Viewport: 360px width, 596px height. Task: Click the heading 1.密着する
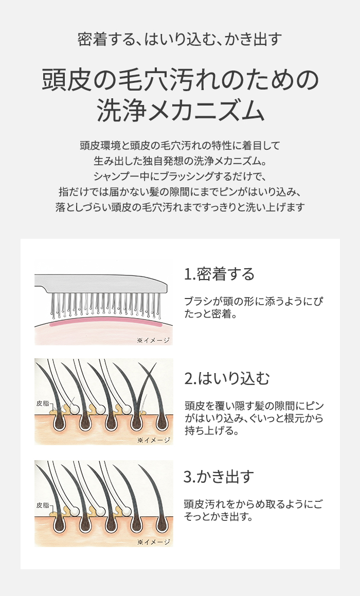[x=219, y=274]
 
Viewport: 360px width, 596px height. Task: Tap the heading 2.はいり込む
[x=227, y=378]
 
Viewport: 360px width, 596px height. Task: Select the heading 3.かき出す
[x=219, y=476]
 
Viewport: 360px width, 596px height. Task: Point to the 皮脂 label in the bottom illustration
[x=43, y=505]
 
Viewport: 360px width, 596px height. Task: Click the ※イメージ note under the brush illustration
[x=153, y=340]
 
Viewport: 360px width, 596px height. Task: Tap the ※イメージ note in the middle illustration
[x=153, y=440]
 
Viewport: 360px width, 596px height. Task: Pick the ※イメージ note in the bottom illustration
[x=153, y=542]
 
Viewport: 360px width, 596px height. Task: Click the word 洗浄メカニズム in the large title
[x=180, y=111]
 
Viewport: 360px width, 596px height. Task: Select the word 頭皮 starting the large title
[x=67, y=80]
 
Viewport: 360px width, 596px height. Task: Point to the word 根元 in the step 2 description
[x=295, y=418]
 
